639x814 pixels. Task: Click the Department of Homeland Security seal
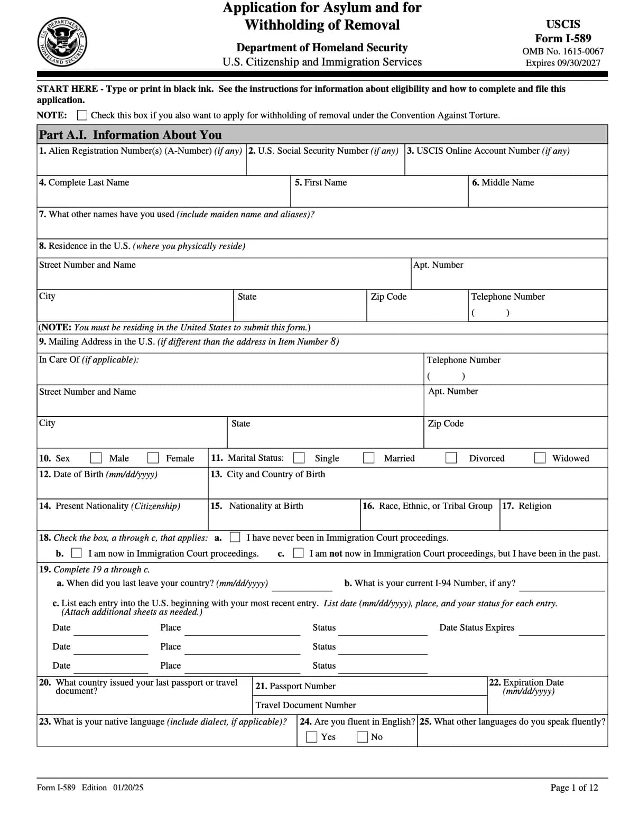62,42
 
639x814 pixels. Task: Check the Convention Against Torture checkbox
82,115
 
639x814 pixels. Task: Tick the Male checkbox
96,458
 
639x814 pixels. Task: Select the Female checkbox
153,458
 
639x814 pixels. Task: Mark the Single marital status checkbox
299,458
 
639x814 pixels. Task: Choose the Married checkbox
369,458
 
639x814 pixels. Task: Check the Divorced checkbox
451,458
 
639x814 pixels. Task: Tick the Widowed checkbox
540,458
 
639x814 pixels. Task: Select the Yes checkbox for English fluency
312,737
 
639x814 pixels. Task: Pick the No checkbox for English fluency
363,737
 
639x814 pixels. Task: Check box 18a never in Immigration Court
235,538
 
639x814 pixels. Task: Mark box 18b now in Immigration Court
77,553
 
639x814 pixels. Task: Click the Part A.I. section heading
131,135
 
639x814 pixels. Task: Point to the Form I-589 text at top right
563,38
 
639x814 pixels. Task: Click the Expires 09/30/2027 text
563,63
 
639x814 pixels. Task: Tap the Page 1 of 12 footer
574,788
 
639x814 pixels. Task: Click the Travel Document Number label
305,705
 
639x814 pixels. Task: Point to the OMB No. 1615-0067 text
563,51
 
